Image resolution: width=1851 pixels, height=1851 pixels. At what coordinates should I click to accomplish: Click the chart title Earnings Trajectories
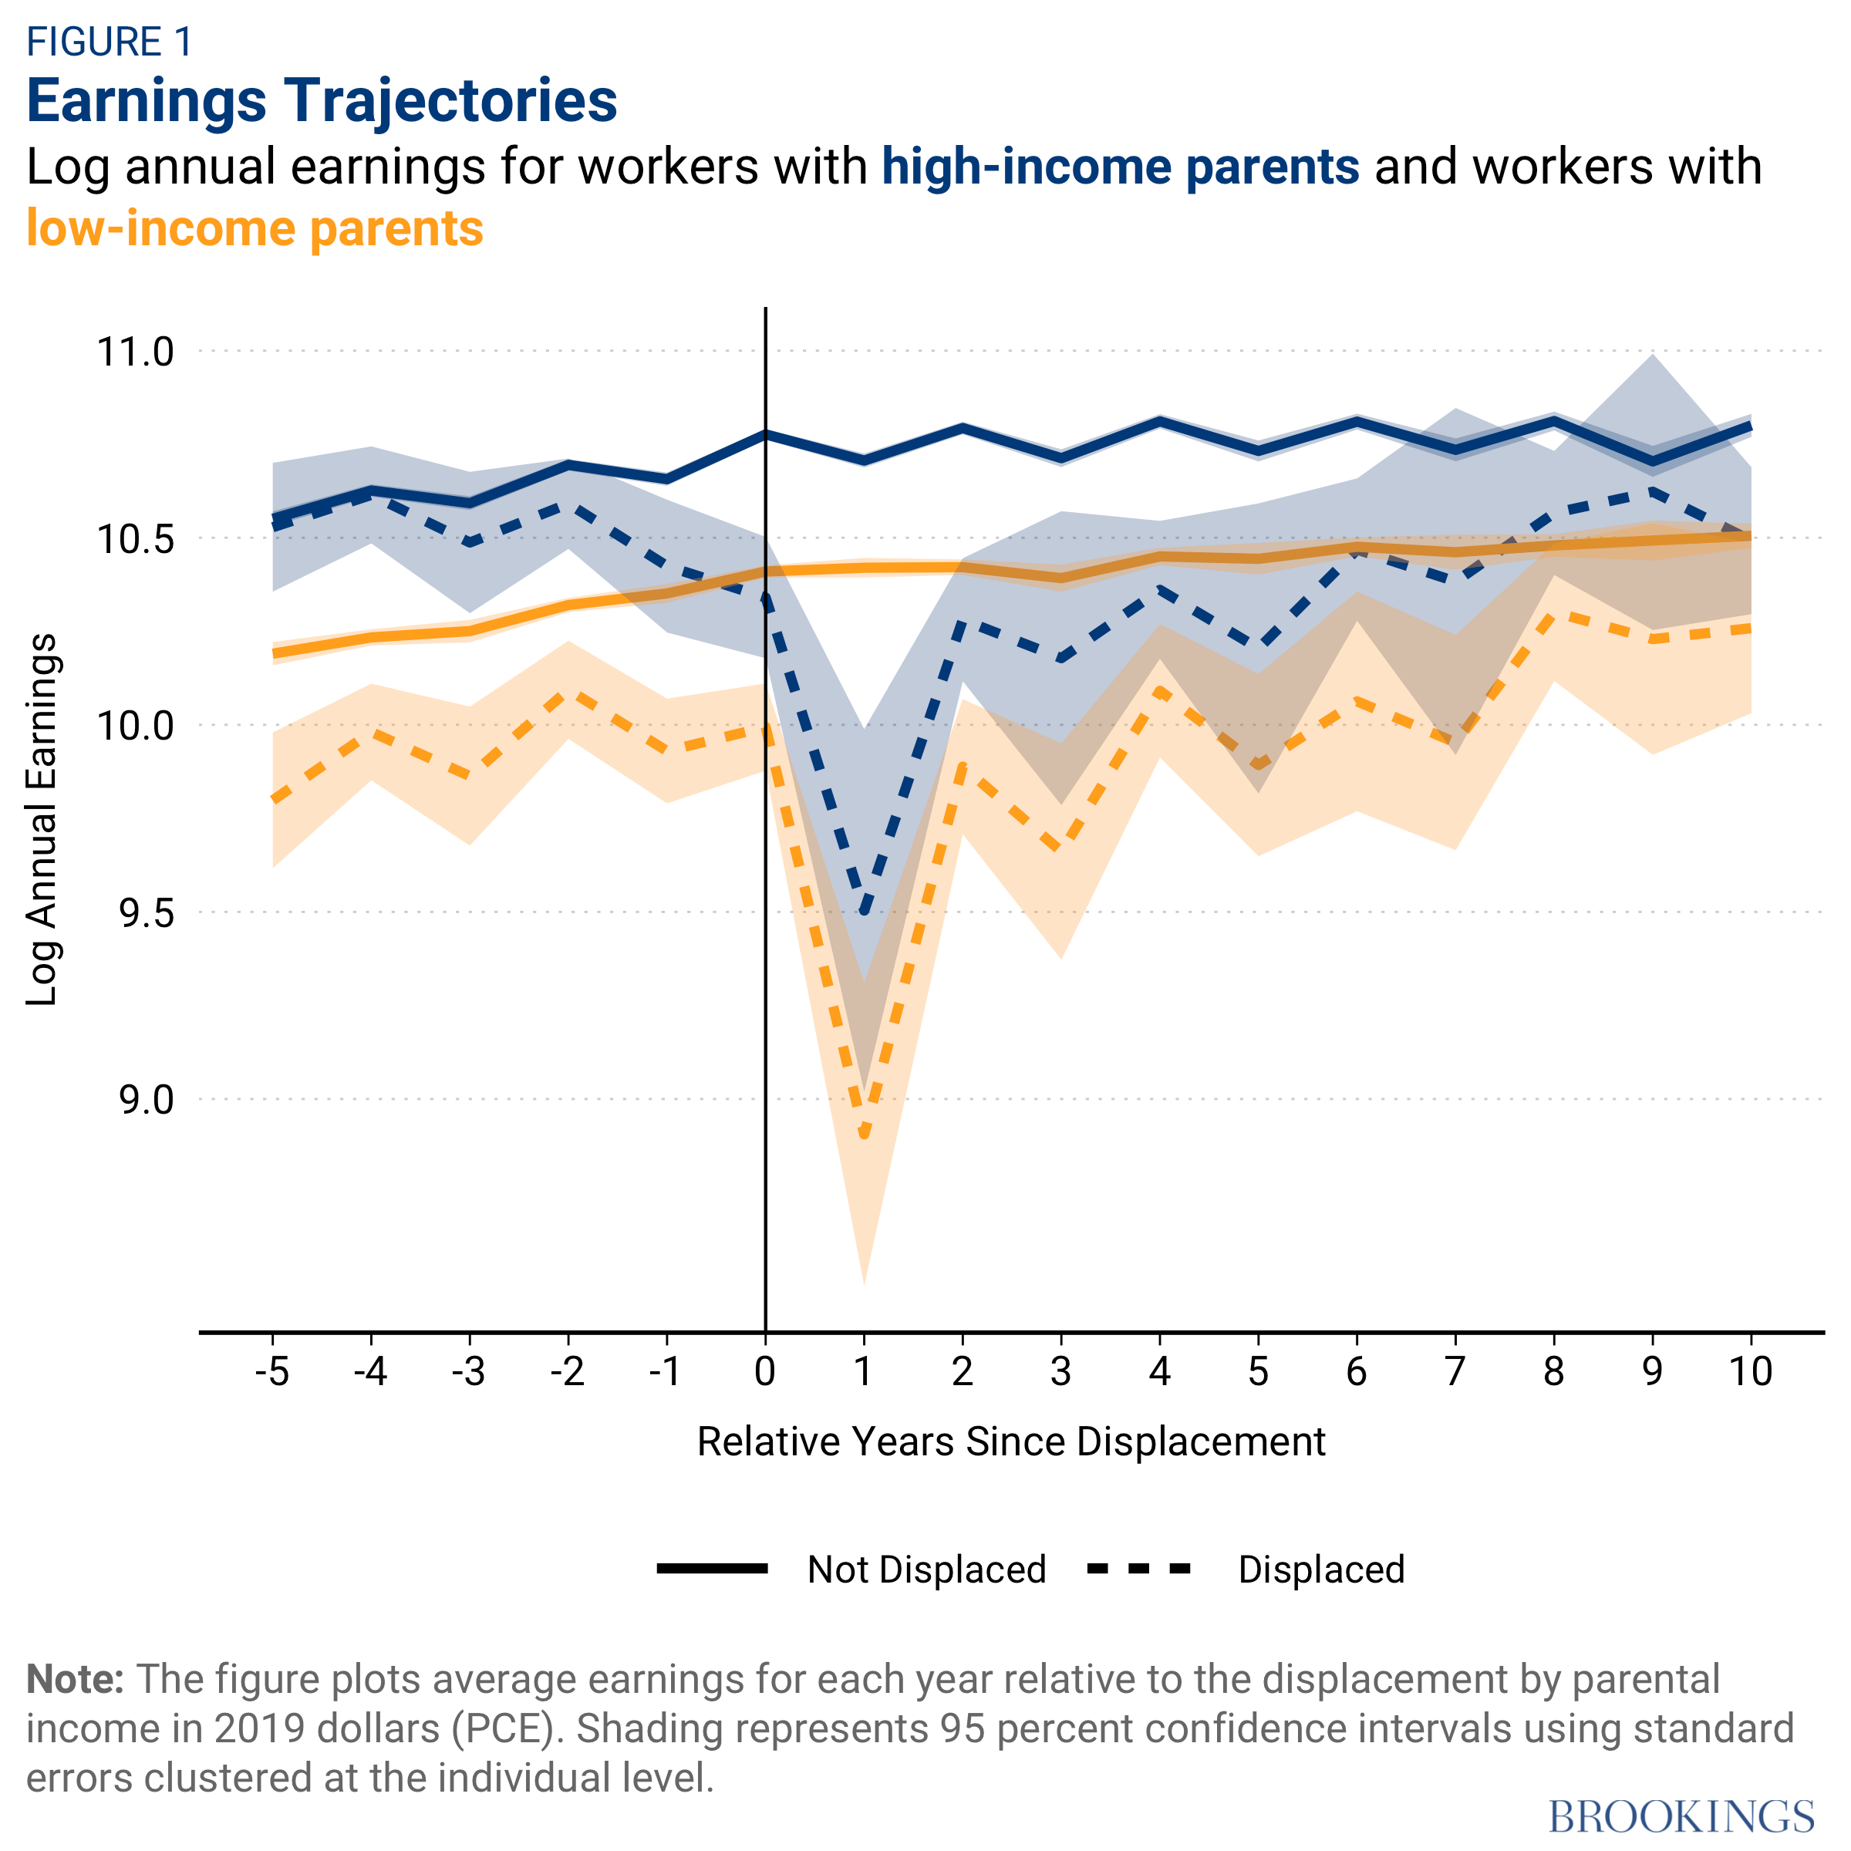point(322,100)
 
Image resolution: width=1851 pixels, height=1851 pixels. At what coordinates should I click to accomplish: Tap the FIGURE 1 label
point(110,42)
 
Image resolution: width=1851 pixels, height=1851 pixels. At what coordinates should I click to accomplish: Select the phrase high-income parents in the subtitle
point(1120,167)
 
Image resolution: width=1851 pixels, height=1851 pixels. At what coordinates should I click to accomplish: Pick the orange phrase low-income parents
point(255,229)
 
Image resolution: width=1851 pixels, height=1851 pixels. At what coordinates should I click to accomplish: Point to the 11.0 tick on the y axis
point(135,352)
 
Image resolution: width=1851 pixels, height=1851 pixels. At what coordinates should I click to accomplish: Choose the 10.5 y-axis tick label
point(135,538)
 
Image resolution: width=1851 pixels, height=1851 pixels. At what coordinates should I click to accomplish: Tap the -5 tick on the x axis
point(272,1372)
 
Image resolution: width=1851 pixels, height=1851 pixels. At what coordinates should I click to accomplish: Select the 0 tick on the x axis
point(764,1372)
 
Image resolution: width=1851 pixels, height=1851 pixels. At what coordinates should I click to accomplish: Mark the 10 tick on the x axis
point(1751,1372)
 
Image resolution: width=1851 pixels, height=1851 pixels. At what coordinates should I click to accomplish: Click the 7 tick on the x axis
point(1455,1372)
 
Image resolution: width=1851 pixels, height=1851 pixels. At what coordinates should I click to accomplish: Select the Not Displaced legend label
point(926,1570)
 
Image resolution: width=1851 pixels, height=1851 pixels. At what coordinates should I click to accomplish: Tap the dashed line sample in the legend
point(1139,1569)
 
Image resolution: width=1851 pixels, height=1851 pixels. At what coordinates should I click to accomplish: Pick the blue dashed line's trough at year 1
point(864,910)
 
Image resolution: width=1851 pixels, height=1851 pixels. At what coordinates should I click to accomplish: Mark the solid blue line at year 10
point(1751,427)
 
